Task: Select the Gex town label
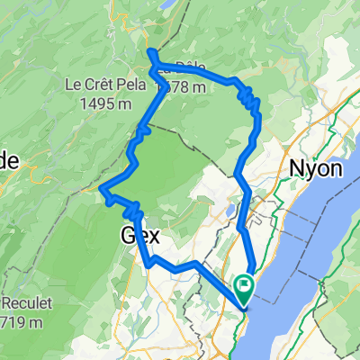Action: [x=140, y=237]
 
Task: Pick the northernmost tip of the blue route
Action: [x=151, y=52]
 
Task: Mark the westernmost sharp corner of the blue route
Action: [x=102, y=189]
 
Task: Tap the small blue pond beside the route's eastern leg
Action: [x=231, y=211]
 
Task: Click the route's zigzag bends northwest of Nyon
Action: [x=253, y=106]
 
